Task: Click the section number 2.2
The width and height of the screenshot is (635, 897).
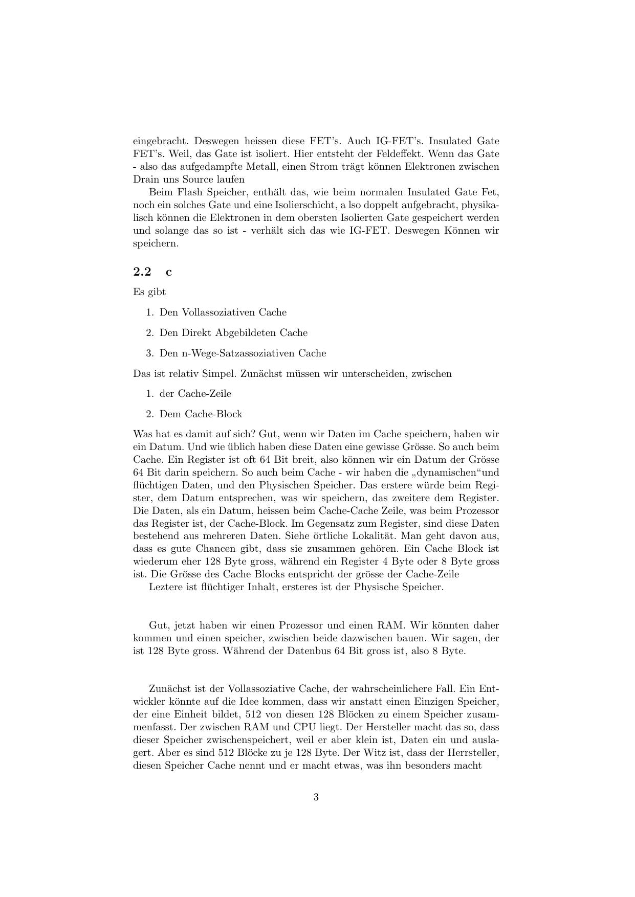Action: point(142,272)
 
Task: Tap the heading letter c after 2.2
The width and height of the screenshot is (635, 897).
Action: point(169,272)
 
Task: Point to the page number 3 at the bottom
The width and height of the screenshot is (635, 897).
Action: point(316,797)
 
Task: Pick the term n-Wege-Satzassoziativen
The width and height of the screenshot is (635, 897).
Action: point(238,353)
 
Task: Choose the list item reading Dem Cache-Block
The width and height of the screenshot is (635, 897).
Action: point(201,414)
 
